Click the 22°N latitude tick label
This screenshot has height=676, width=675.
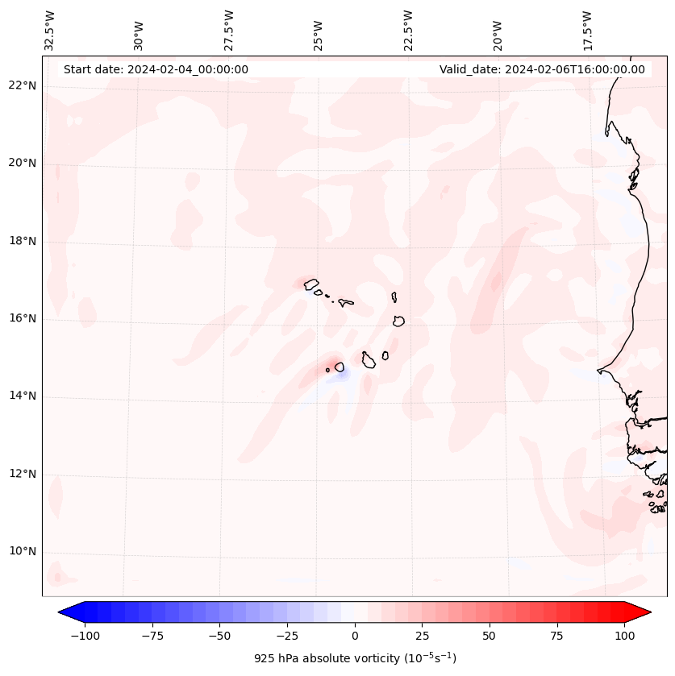click(23, 86)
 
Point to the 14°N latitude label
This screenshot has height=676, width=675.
click(23, 396)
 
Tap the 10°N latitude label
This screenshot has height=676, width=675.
click(23, 551)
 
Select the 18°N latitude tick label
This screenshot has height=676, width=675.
click(23, 241)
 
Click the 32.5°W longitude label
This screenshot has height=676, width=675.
click(50, 30)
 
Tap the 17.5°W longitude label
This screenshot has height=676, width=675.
click(586, 30)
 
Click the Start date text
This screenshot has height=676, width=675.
click(156, 69)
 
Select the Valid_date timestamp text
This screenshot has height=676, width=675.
click(542, 69)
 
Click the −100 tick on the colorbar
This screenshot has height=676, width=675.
click(85, 636)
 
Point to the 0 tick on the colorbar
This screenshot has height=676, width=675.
click(354, 636)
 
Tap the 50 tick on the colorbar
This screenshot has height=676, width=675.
click(489, 636)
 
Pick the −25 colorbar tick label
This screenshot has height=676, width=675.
click(287, 636)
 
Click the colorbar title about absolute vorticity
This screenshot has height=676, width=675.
click(355, 658)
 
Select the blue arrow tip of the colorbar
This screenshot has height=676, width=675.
click(66, 612)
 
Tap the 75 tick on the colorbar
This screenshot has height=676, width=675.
click(556, 636)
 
